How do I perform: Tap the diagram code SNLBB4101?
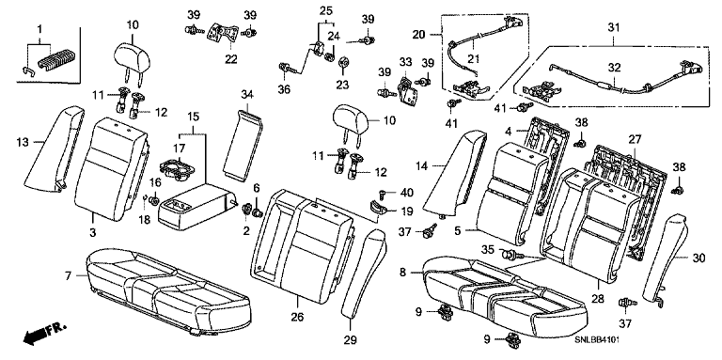[597, 340]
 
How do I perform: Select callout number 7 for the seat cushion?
[68, 276]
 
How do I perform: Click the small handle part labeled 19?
[380, 206]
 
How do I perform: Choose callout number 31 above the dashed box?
[613, 27]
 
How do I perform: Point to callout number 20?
[419, 35]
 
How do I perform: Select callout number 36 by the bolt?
[284, 90]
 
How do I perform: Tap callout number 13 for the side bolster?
[22, 143]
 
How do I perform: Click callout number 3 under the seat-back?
[92, 233]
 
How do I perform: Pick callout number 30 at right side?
[698, 258]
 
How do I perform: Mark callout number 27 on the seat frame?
[635, 139]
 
